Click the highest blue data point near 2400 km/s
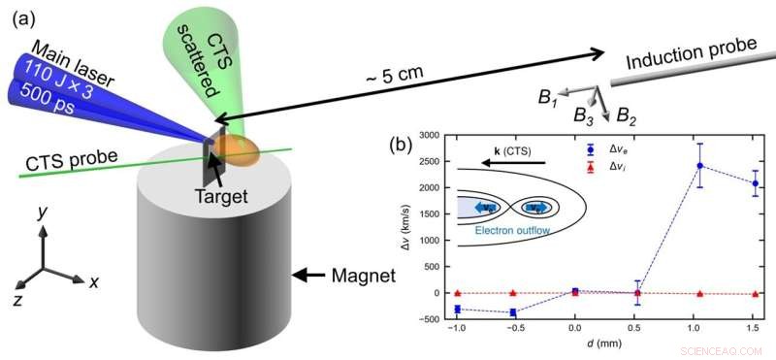click(x=699, y=165)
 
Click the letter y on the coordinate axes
click(x=40, y=210)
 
